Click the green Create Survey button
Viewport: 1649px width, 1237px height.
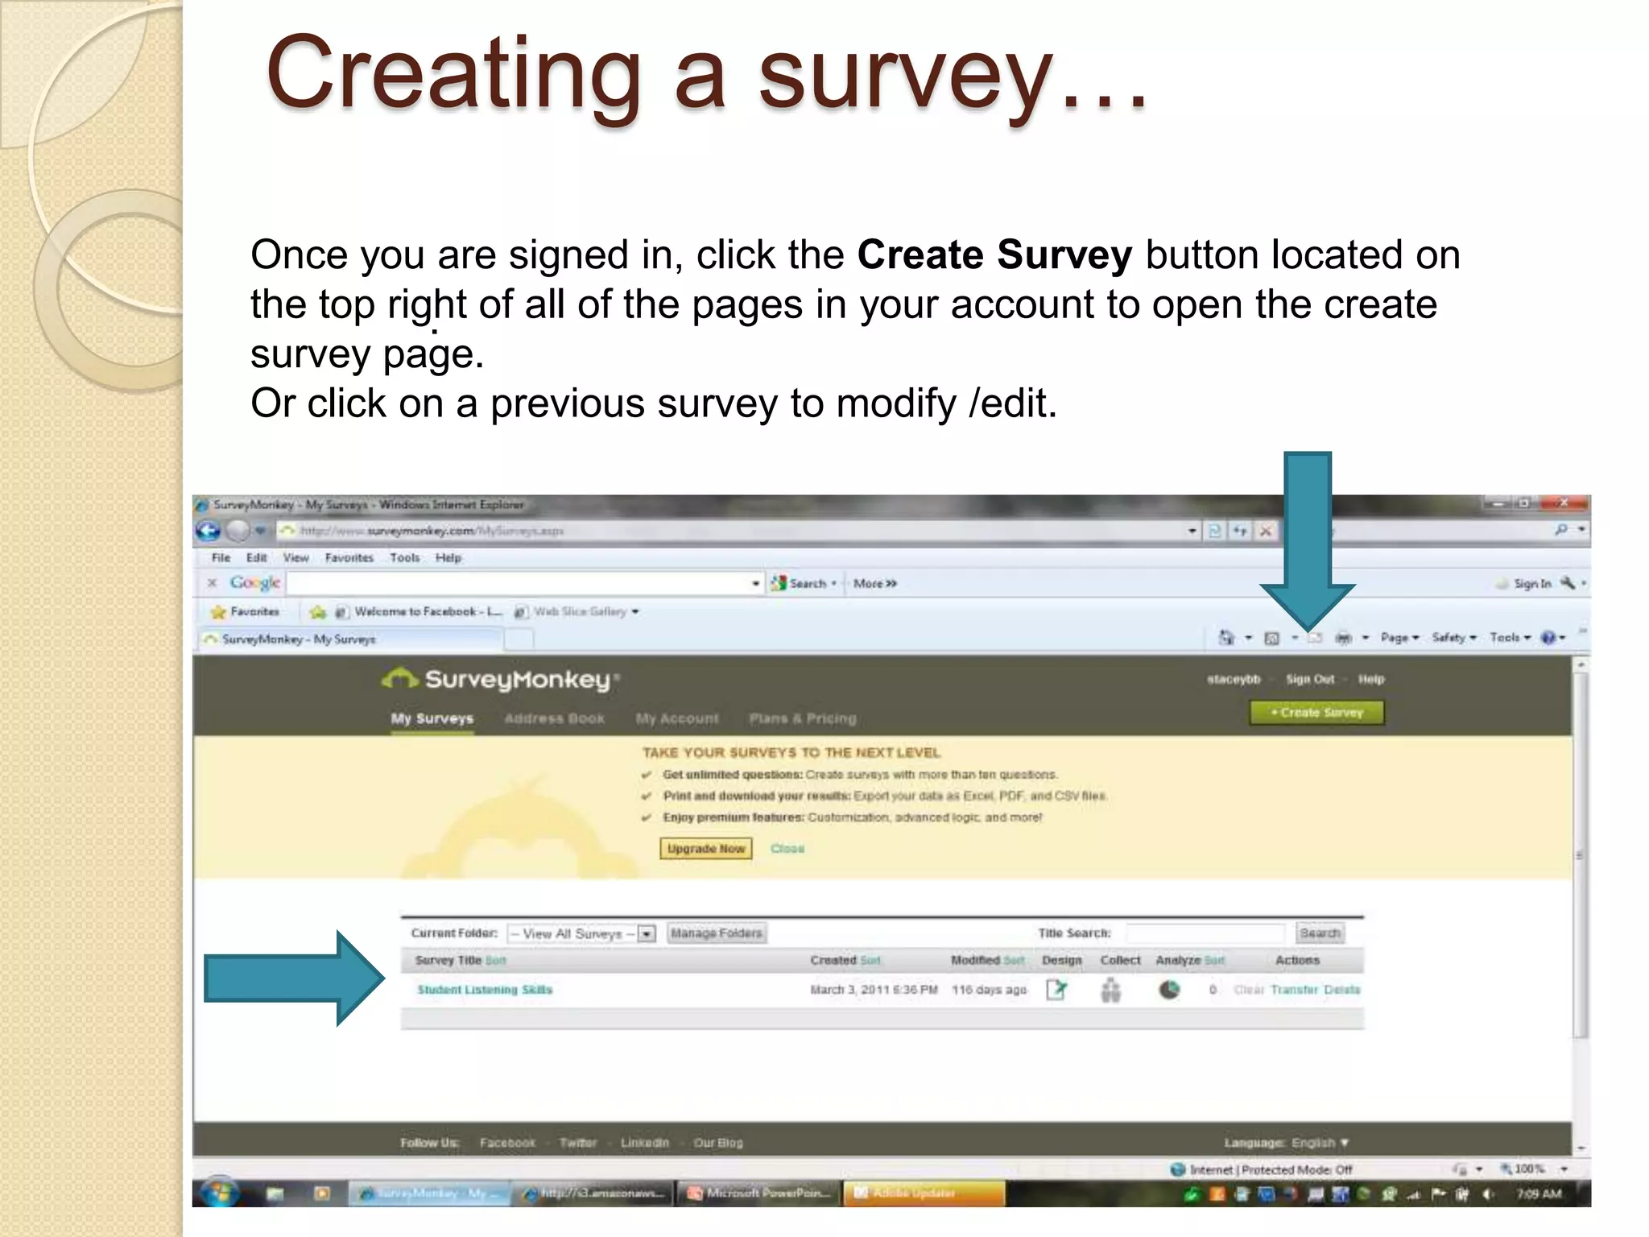(x=1316, y=713)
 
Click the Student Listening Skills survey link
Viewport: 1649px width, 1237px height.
(x=485, y=990)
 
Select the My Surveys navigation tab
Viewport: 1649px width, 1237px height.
(x=432, y=718)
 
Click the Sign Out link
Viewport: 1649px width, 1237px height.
(x=1310, y=680)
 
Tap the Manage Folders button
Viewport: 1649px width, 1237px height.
(x=716, y=933)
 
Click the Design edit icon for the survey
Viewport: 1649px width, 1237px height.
(x=1056, y=990)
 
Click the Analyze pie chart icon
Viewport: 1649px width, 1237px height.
(x=1169, y=990)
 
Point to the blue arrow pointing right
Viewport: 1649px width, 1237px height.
(x=294, y=978)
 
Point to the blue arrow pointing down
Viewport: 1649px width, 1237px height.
(x=1308, y=540)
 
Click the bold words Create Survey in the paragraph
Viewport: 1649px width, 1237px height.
(x=994, y=255)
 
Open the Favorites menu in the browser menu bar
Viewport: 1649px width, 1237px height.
(x=349, y=558)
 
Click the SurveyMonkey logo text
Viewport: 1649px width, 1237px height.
(x=516, y=680)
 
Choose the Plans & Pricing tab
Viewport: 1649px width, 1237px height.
(x=803, y=718)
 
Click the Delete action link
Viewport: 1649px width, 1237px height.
(x=1341, y=990)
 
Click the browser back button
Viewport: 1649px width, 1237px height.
(x=209, y=531)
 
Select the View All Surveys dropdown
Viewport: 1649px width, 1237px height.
(x=581, y=934)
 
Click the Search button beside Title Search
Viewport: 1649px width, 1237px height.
(x=1320, y=933)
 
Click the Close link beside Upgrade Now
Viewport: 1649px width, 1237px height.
(x=787, y=849)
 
